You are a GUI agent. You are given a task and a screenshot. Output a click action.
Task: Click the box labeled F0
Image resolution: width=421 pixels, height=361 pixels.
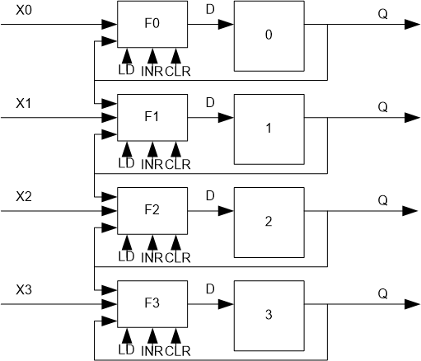coord(152,25)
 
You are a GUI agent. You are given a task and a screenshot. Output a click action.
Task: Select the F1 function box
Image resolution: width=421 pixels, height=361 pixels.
coord(152,118)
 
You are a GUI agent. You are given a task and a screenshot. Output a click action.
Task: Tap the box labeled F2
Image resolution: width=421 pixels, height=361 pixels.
coord(152,211)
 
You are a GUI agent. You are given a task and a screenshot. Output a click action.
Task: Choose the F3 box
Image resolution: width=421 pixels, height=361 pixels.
coord(152,304)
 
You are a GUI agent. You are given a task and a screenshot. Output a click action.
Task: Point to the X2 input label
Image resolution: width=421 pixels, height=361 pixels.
coord(26,199)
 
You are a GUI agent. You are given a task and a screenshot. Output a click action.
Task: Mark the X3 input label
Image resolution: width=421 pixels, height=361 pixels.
coord(26,292)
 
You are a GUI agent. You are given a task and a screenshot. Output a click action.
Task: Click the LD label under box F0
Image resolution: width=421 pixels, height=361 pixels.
coord(126,72)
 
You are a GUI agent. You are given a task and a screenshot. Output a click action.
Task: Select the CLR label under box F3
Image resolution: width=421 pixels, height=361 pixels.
coord(177,351)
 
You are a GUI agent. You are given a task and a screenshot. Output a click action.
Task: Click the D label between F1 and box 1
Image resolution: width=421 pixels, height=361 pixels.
coord(210,102)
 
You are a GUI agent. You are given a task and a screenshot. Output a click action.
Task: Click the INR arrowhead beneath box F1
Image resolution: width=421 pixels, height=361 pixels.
coord(152,148)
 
